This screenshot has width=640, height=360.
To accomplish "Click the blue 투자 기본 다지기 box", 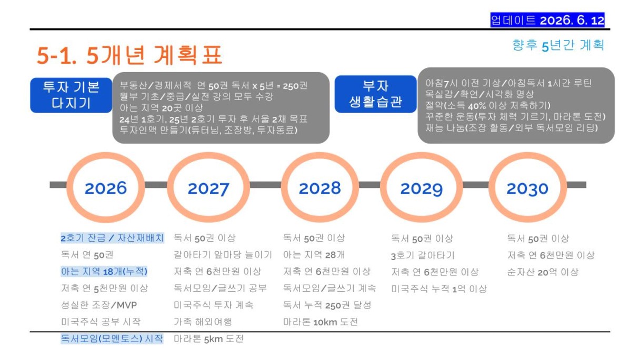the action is [x=71, y=95].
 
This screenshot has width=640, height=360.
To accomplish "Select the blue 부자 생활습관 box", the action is [x=376, y=94].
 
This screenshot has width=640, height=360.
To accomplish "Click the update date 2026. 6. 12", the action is [x=572, y=21].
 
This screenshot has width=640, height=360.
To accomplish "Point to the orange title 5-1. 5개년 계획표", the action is [x=129, y=55].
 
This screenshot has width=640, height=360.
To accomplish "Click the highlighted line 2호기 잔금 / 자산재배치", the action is [x=112, y=238].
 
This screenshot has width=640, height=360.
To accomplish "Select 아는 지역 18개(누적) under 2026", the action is [x=104, y=272].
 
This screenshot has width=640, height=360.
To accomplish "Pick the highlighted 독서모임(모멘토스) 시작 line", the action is [x=112, y=339].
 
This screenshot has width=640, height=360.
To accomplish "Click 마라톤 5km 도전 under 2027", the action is [x=208, y=339].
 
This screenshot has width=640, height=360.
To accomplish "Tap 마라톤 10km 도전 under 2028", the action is [x=321, y=322].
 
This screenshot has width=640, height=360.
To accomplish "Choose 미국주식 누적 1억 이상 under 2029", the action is [x=439, y=289].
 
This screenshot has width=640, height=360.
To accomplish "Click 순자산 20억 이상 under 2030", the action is [x=543, y=272].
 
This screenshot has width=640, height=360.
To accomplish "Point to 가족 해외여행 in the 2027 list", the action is [x=203, y=322].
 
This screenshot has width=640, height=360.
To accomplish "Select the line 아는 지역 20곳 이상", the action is [x=161, y=108].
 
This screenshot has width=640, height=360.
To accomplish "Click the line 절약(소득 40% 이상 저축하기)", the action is [x=488, y=106].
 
